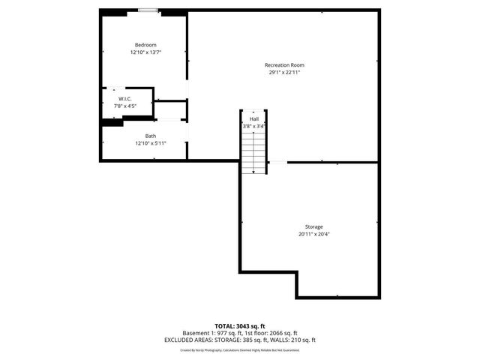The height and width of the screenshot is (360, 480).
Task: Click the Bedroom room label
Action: [145, 45]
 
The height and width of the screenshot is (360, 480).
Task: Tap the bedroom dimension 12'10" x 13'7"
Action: [145, 52]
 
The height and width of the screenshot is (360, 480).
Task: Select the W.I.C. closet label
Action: [125, 99]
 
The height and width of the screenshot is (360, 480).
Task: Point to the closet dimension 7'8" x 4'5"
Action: [125, 106]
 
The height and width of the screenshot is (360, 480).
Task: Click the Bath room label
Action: [151, 136]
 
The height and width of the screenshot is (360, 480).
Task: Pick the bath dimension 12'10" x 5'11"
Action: [151, 143]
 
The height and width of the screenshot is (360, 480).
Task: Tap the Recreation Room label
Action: [284, 65]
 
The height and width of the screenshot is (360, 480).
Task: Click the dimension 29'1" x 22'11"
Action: [284, 73]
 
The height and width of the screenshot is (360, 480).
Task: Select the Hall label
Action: [254, 118]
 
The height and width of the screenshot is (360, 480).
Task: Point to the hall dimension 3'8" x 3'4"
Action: [253, 126]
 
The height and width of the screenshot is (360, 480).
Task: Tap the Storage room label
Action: [314, 226]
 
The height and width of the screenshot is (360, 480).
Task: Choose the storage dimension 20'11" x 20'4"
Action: [314, 234]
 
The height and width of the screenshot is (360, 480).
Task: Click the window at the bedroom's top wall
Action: [148, 11]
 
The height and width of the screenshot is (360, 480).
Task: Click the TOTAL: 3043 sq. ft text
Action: [240, 326]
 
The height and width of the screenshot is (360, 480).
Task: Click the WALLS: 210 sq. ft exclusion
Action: [297, 340]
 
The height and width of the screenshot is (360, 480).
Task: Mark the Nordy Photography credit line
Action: [240, 349]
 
